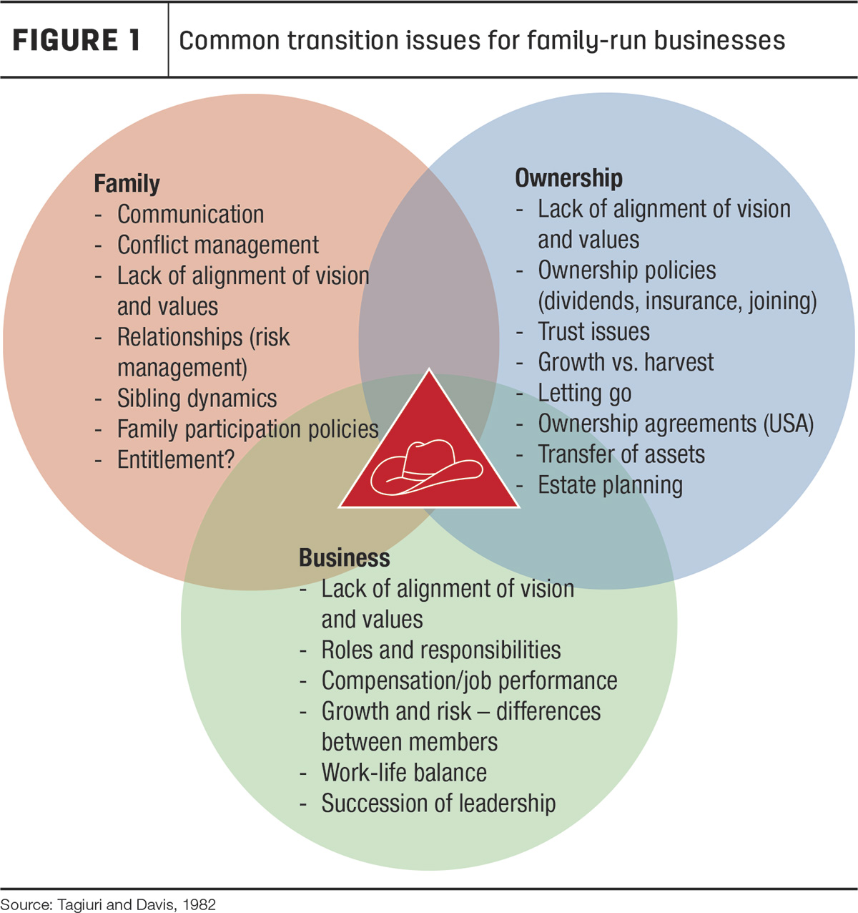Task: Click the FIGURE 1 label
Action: point(77,40)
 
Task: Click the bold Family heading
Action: point(127,184)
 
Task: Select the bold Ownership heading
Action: point(568,178)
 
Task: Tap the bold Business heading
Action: point(344,557)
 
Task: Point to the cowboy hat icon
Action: point(426,467)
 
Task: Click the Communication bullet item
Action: point(190,214)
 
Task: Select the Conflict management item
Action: point(218,245)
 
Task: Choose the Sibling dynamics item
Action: point(197,398)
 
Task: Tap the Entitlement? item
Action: point(176,459)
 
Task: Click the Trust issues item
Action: point(593,331)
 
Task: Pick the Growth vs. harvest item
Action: point(626,362)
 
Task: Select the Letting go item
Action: point(585,394)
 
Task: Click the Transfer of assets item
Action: point(621,454)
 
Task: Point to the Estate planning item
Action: point(611,485)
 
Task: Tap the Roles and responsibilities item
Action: point(440,650)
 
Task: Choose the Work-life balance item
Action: point(404,772)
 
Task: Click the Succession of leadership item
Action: point(438,803)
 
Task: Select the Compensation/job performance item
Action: point(469,681)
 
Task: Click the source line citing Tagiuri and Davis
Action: point(109,904)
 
